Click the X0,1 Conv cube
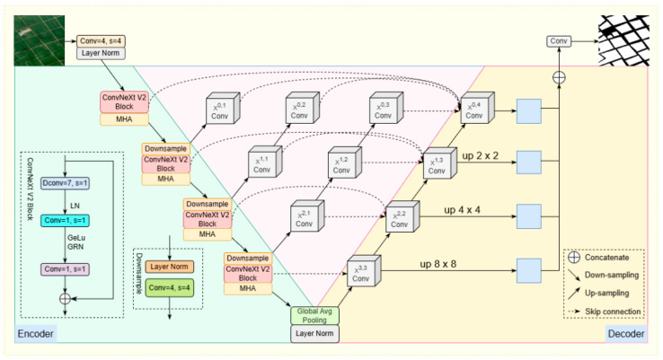223,108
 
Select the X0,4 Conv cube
477,108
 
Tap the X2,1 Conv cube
307,216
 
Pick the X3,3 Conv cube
364,271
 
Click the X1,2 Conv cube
345,162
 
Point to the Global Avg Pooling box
314,316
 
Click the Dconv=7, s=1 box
65,183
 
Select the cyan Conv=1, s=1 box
65,220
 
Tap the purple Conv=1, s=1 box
65,269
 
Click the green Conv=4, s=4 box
170,288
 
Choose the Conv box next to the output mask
559,41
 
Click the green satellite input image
40,40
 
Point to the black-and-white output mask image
623,40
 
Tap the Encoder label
36,334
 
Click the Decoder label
626,334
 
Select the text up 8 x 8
438,264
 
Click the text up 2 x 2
481,155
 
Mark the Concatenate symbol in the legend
574,258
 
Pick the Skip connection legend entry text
613,312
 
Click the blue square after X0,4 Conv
529,111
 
